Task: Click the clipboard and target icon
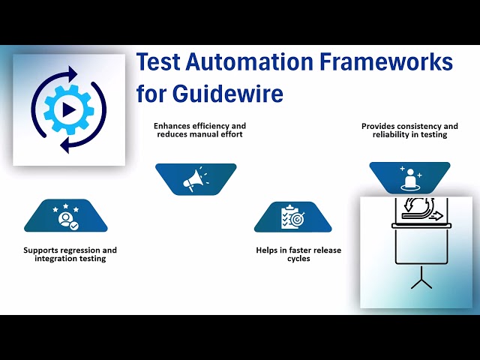[x=293, y=217]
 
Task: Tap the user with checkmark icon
[x=65, y=217]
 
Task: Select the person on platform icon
[x=409, y=178]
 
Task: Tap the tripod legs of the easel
[x=421, y=281]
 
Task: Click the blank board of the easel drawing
[x=421, y=247]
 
